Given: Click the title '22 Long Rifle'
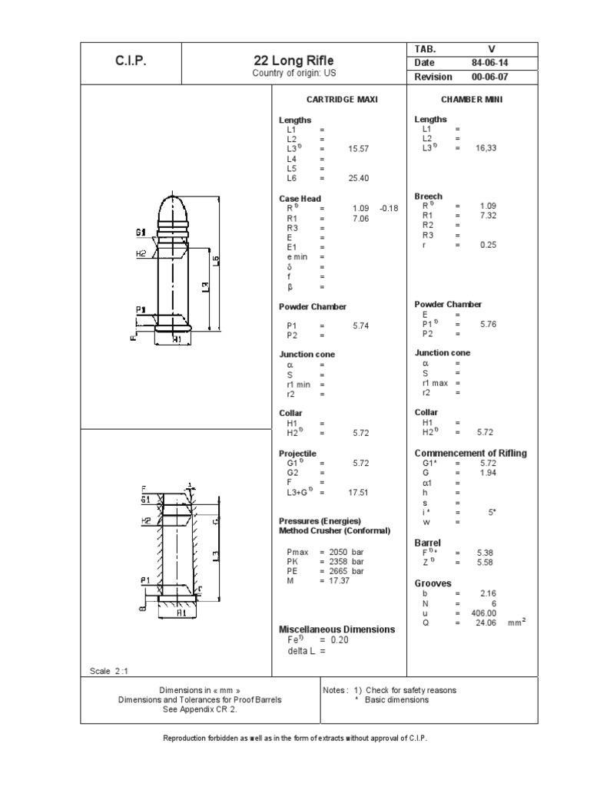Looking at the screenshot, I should (x=294, y=61).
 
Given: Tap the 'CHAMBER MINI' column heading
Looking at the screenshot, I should (x=472, y=100).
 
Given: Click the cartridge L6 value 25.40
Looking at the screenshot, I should (x=359, y=178).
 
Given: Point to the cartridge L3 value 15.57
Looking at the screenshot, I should (x=359, y=149).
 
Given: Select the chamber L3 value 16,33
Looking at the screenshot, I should (x=486, y=148).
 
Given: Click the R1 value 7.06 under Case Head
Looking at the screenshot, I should (x=360, y=218).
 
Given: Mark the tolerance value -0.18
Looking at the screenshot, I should (x=389, y=208).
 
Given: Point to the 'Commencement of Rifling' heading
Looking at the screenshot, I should (x=471, y=453).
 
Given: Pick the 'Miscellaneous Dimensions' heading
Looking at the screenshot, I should (x=337, y=629).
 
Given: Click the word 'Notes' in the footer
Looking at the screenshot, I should (x=338, y=690).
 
